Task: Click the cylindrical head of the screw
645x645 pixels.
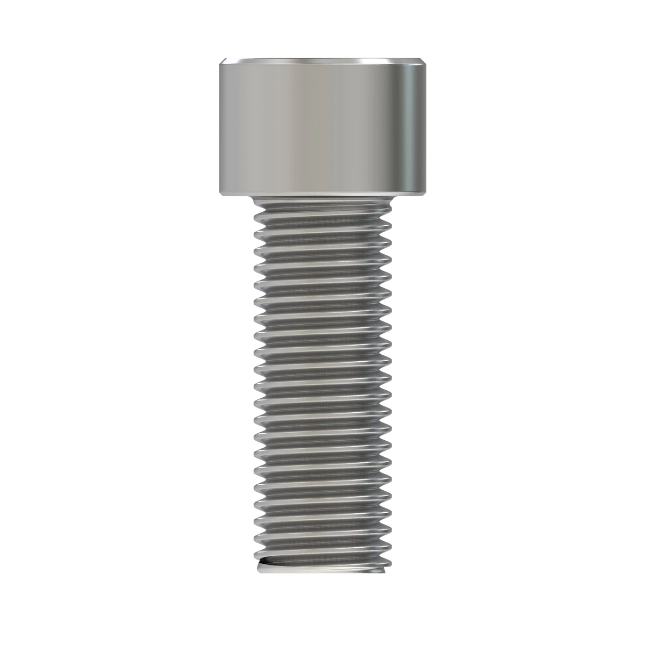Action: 322,126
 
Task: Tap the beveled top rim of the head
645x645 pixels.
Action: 322,60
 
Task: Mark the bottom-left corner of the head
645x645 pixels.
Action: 220,195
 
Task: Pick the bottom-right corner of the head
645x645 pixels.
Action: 425,195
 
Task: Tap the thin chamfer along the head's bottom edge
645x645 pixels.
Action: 322,193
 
